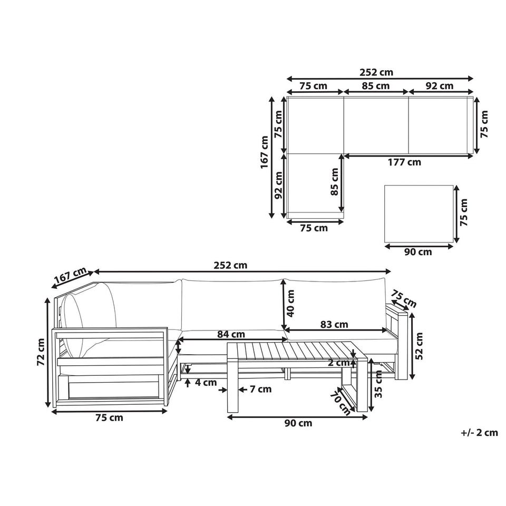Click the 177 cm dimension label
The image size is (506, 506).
[404, 162]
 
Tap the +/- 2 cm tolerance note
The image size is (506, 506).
[479, 432]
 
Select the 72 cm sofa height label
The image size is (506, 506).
[41, 352]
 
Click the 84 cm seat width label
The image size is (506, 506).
[231, 334]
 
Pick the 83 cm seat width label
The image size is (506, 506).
[334, 324]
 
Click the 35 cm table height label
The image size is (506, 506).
[378, 384]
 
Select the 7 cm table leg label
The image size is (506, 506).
[260, 389]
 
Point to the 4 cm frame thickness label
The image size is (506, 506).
[206, 383]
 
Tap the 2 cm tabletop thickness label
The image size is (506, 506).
[339, 363]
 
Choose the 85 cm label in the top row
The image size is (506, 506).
[376, 86]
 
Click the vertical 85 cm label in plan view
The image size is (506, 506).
[334, 182]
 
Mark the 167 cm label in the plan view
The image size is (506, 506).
[265, 152]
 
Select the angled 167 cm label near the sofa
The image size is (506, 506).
[70, 277]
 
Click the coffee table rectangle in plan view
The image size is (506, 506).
[419, 213]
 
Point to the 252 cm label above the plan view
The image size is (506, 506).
[376, 72]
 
